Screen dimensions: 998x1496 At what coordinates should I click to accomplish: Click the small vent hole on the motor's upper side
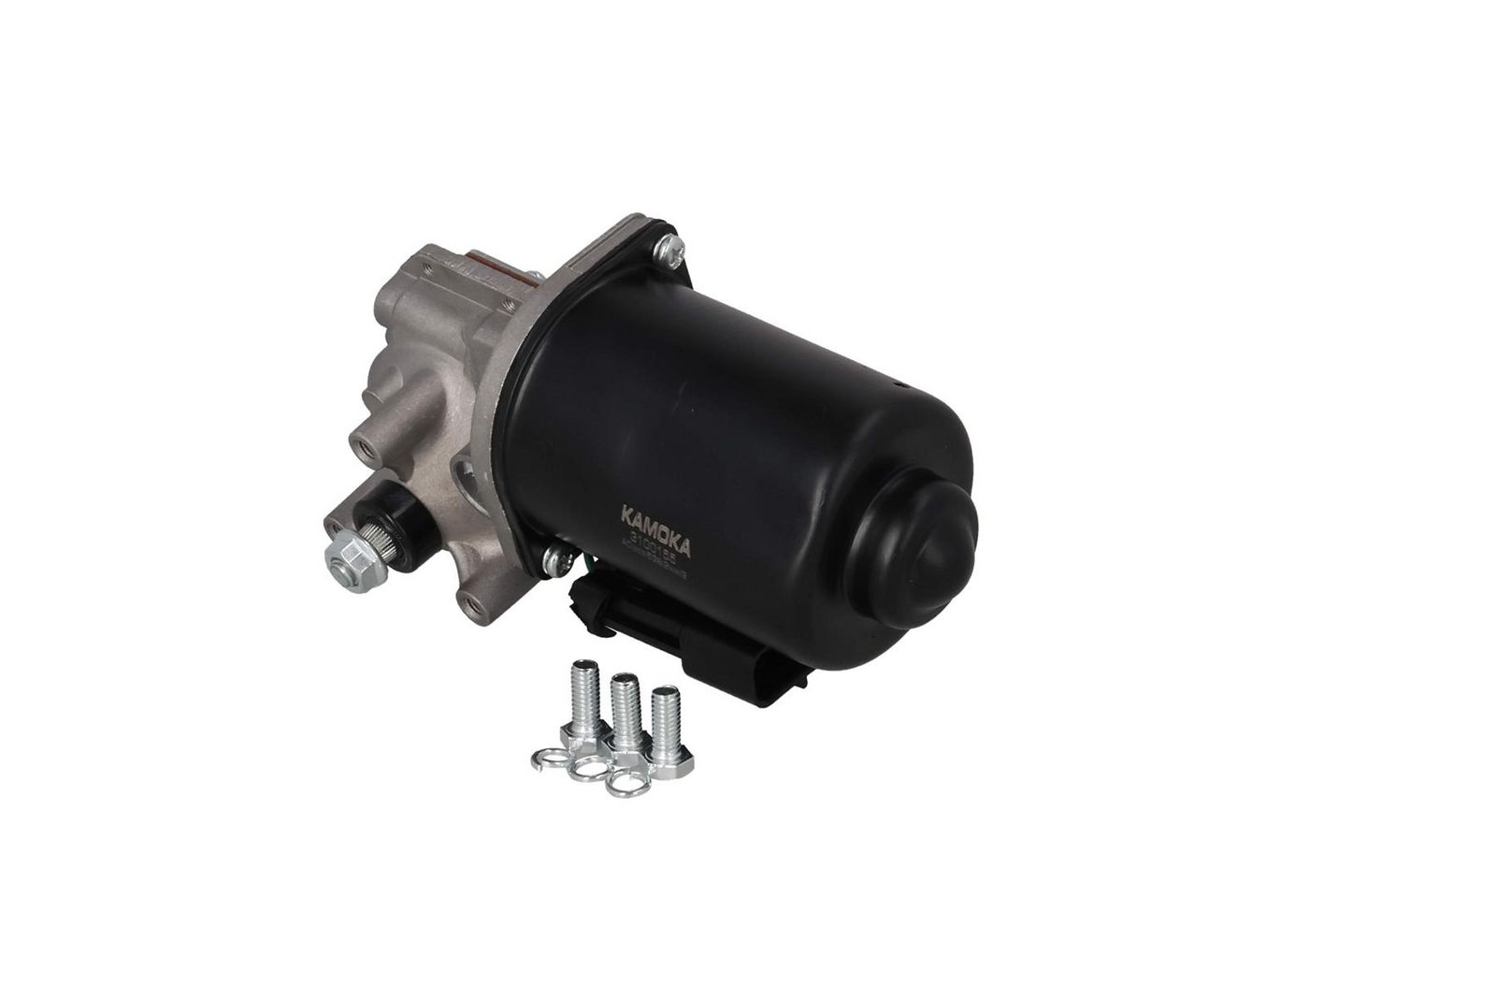point(895,384)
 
